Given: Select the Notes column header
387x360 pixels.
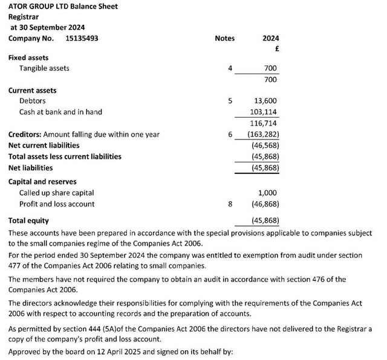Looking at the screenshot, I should point(224,38).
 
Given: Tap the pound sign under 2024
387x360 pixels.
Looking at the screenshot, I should point(275,48).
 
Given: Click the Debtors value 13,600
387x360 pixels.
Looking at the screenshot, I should point(265,101).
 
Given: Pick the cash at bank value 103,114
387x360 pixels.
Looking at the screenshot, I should point(264,112).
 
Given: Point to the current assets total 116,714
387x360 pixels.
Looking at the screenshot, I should point(264,123).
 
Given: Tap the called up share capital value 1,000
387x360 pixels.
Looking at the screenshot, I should point(268,193).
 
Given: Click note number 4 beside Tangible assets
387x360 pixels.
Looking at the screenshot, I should point(230,68).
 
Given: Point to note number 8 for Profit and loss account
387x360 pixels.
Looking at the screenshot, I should point(230,204).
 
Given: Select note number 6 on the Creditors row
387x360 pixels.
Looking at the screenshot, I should point(230,134).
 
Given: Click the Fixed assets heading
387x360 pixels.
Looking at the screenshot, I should point(28,57).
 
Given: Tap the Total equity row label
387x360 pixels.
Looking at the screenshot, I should point(28,220).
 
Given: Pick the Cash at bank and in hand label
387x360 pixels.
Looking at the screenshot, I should point(60,112).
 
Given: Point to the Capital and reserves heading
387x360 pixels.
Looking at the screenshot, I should point(42,181).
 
